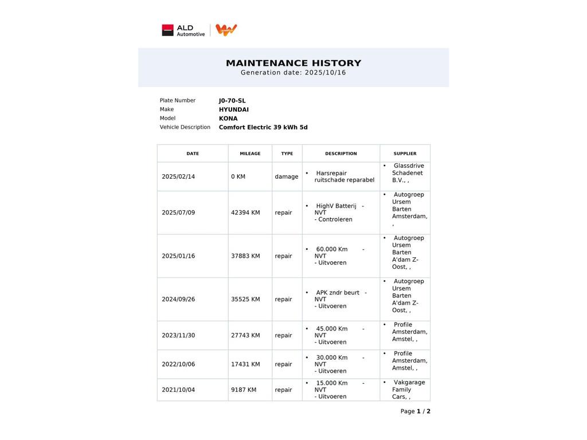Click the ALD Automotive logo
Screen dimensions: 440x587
(x=183, y=30)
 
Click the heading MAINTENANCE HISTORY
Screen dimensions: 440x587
(x=293, y=63)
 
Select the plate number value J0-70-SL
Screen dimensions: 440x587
(x=232, y=101)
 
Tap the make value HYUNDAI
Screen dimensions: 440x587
(x=234, y=110)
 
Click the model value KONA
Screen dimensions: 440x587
(x=228, y=119)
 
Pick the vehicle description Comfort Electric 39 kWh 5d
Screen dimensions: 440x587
(x=263, y=127)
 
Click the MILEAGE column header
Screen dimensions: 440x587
(x=250, y=154)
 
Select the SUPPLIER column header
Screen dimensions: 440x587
(x=405, y=154)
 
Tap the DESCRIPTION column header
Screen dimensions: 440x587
(x=341, y=154)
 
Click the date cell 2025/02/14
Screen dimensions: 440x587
(x=178, y=176)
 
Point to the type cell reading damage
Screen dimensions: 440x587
(x=287, y=176)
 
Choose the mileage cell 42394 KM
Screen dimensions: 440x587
(x=245, y=213)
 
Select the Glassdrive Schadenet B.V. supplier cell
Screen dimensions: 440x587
(x=407, y=173)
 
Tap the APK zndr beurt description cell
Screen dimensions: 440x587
(x=341, y=299)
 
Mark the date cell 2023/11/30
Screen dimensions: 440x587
(x=178, y=335)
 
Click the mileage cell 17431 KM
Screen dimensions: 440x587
(x=245, y=364)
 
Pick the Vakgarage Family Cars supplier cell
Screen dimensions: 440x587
(x=407, y=390)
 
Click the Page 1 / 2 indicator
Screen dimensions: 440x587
(x=415, y=411)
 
